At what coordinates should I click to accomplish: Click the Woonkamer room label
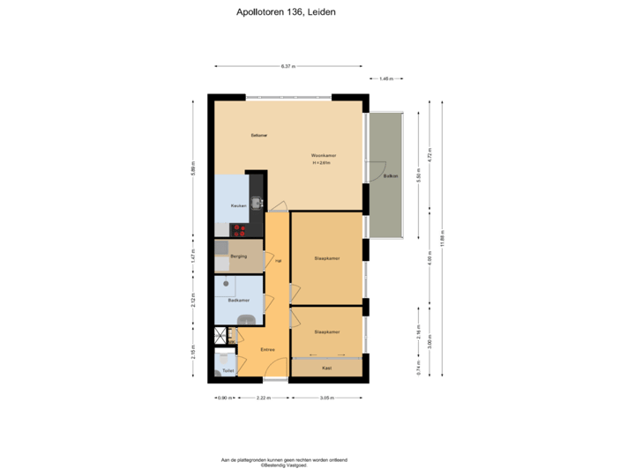click(324, 156)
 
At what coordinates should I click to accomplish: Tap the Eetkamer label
click(258, 135)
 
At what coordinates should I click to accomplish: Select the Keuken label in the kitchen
click(237, 206)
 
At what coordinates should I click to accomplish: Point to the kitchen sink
click(257, 204)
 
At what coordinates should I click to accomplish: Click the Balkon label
click(390, 176)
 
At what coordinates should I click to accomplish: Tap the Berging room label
click(238, 257)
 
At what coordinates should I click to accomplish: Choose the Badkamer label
click(237, 301)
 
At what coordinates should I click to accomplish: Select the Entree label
click(267, 350)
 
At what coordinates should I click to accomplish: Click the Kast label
click(326, 368)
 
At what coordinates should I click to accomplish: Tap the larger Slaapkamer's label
click(326, 258)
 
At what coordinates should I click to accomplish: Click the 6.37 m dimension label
click(288, 66)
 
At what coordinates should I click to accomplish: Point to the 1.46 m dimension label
click(385, 78)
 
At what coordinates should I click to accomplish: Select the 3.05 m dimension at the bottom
click(325, 398)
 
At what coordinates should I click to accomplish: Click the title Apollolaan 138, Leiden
click(287, 13)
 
